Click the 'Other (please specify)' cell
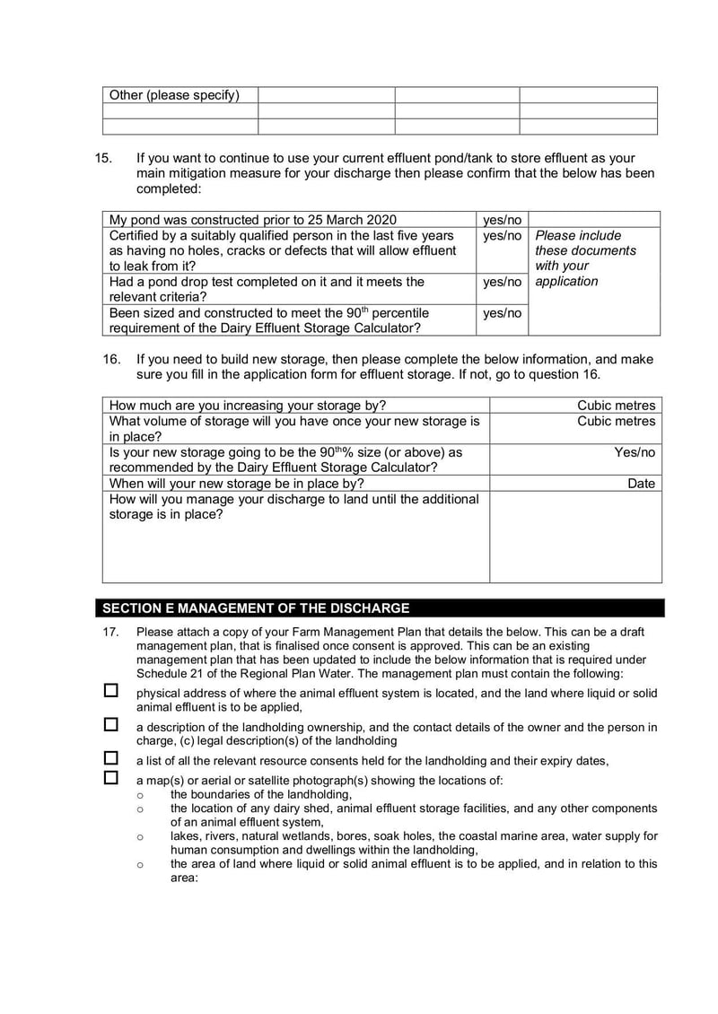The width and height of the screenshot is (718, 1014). click(175, 95)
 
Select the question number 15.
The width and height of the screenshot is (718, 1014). click(104, 158)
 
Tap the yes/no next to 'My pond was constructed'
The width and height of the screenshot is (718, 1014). click(502, 220)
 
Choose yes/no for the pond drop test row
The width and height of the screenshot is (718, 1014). click(502, 282)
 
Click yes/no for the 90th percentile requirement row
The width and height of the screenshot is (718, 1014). click(502, 313)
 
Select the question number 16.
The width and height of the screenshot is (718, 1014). click(111, 359)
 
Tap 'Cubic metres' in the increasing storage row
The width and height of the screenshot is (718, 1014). click(616, 406)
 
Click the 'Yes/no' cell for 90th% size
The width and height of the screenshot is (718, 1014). click(635, 452)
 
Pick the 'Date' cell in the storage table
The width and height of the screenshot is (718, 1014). click(641, 484)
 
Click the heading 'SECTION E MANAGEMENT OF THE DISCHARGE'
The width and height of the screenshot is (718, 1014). click(256, 608)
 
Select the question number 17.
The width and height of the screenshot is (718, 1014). click(110, 632)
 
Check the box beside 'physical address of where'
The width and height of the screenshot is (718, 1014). click(111, 691)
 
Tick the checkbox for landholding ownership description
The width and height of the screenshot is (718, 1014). click(111, 724)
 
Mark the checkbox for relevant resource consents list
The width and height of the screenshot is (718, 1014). click(111, 758)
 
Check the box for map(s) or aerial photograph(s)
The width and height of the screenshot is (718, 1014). click(111, 777)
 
